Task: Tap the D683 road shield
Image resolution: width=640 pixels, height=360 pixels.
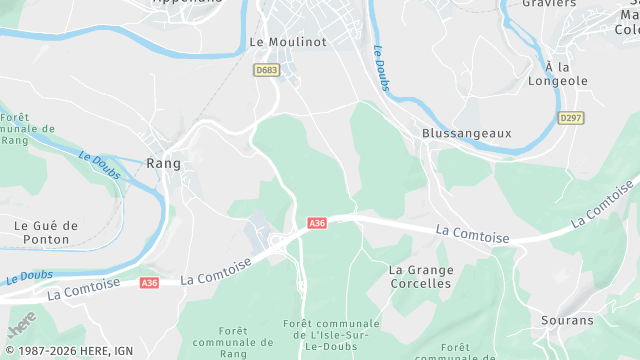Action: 266,70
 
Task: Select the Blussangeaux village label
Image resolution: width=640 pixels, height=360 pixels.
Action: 466,132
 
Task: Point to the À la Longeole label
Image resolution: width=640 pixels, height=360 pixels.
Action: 559,73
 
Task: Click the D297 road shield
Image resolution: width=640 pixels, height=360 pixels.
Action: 571,118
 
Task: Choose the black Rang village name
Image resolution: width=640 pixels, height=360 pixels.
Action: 163,163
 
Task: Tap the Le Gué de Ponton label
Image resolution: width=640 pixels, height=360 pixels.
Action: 46,232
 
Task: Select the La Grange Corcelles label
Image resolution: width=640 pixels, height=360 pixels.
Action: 421,276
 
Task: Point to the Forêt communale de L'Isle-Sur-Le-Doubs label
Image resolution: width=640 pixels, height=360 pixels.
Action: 331,337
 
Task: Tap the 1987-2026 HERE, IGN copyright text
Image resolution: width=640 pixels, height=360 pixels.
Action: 67,351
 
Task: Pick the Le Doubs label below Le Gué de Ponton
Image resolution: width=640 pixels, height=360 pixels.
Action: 28,276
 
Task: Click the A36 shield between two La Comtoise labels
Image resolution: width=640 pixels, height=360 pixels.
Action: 149,283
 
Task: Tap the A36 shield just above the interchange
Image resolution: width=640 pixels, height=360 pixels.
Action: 317,223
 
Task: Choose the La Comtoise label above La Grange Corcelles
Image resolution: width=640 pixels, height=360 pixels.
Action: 473,234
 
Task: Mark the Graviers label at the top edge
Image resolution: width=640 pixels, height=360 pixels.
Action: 550,4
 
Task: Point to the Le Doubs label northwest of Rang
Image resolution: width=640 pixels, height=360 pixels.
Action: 99,166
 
